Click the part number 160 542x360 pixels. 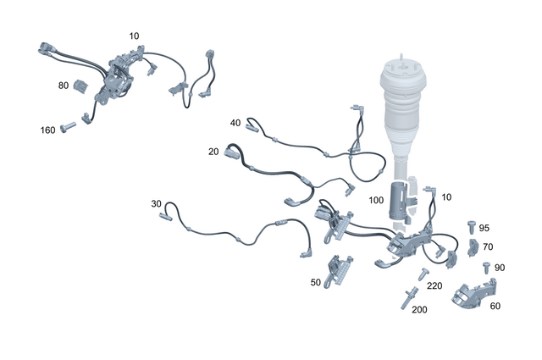point(48,130)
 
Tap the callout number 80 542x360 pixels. point(64,86)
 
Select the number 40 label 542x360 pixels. point(235,123)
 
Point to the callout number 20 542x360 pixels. point(214,152)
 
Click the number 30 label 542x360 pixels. point(156,204)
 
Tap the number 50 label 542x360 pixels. point(316,282)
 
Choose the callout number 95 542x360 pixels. point(484,228)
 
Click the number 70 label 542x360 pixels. point(487,247)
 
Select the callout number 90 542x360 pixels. point(499,268)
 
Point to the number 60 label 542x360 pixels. point(495,306)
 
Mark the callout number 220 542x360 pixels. point(434,286)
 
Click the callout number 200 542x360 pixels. point(419,309)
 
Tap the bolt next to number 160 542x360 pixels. point(68,127)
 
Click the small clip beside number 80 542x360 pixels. point(83,86)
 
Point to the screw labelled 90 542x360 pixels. point(484,267)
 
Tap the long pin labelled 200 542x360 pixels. point(407,296)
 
